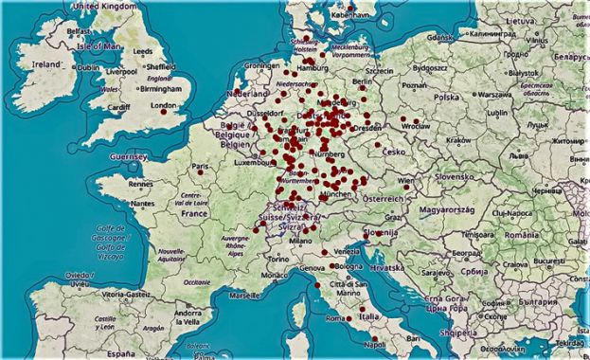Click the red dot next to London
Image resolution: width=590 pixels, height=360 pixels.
pos(164,112)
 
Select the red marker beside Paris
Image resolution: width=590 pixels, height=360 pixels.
pos(200,171)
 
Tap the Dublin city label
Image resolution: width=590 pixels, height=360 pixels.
pos(89,68)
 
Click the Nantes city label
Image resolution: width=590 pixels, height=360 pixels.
pos(142,203)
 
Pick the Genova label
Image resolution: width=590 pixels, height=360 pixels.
pos(312,269)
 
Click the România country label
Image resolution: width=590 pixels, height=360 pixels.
pos(522,235)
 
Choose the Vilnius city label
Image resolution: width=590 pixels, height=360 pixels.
pos(539,41)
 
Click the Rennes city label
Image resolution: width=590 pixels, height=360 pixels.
pos(141,184)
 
